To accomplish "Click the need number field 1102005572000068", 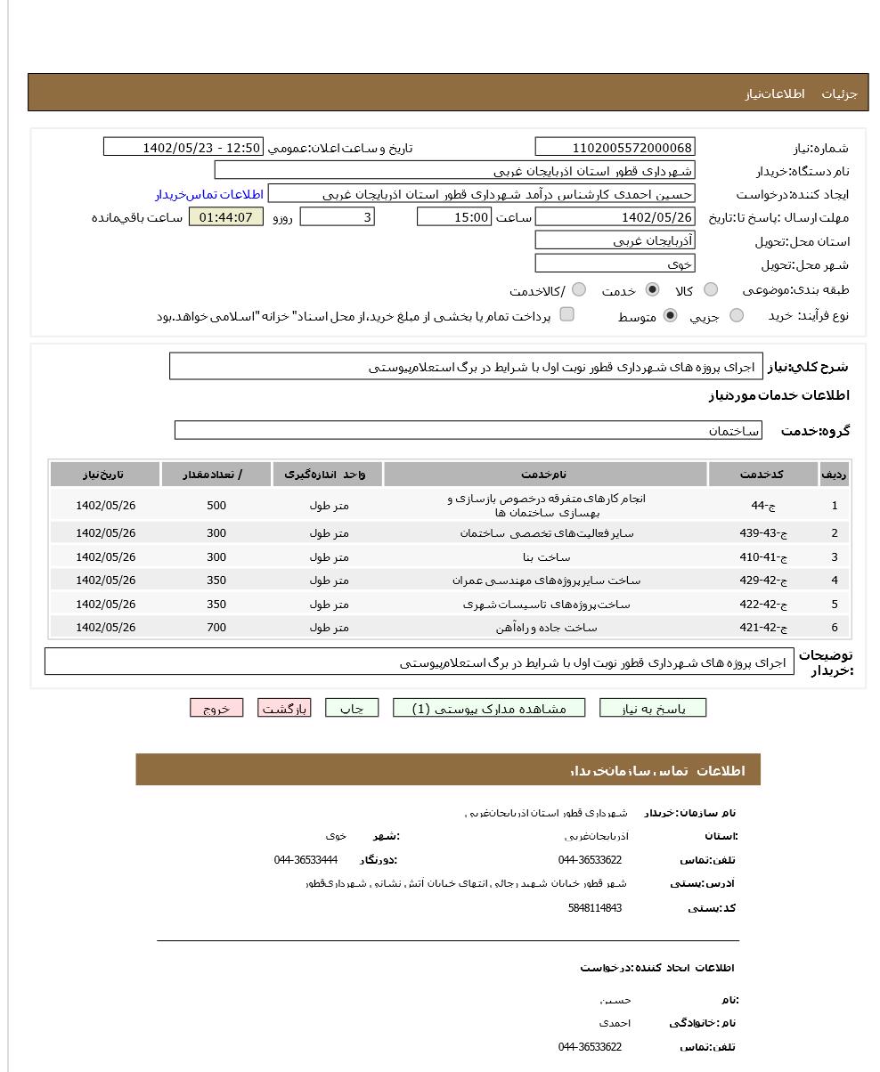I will pos(615,148).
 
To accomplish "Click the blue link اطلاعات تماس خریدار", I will pos(209,194).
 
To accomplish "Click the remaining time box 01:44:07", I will pos(226,217).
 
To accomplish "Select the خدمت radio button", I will pos(653,289).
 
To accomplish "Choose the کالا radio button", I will pos(711,289).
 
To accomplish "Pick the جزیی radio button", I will pos(737,315).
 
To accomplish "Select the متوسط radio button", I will pos(671,315).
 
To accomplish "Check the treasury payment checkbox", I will pos(566,314).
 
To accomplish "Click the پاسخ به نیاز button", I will pos(653,709).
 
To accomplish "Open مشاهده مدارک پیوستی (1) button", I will pos(489,709).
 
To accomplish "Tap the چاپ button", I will pos(352,709).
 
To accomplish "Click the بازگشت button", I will pos(284,709).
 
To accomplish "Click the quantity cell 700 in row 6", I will pos(216,628).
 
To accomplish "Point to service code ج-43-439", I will pos(763,533).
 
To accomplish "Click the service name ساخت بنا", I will pos(546,557).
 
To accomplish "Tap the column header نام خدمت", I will pos(545,475).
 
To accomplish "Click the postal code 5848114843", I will pos(594,908).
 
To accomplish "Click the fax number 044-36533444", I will pos(306,860).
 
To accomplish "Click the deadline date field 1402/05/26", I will pos(615,217).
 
